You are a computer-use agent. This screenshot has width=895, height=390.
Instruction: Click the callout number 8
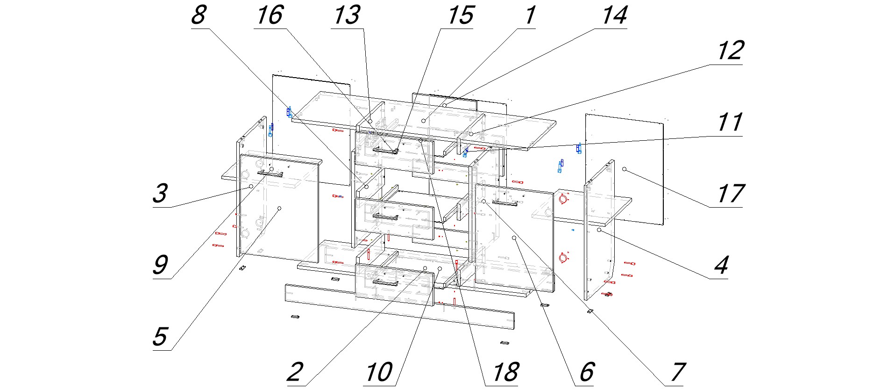pos(199,15)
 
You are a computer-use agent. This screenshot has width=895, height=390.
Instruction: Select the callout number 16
pos(270,15)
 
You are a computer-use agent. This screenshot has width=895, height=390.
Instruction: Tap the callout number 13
pos(347,15)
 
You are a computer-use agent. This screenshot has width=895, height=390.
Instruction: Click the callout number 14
pos(614,15)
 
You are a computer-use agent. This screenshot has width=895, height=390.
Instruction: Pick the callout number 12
pos(730,51)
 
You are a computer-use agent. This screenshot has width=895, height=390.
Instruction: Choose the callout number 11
pos(730,123)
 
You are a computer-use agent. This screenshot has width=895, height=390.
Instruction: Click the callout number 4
pos(721,265)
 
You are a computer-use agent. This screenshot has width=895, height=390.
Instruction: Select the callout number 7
pos(677,372)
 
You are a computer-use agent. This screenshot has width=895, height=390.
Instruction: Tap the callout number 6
pos(586,372)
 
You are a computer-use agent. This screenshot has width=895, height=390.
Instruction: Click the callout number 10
pos(379,372)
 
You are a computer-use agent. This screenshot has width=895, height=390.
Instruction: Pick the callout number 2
pos(295,372)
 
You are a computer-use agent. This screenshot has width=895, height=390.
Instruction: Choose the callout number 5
pos(160,336)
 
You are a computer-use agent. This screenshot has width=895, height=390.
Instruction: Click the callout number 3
pos(160,193)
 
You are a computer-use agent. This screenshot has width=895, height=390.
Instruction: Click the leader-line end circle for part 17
pos(624,169)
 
